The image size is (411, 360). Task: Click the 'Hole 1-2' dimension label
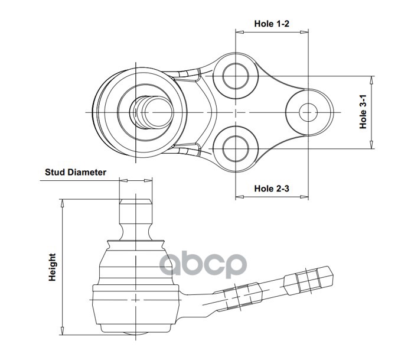272,24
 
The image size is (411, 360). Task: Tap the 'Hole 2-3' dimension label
272,188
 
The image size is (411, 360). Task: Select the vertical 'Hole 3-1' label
364,112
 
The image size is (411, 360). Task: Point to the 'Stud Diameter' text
76,173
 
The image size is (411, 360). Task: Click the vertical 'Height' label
53,267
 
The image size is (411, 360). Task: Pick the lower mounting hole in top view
235,147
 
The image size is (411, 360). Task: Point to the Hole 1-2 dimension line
272,33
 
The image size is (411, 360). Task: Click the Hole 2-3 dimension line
272,197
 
